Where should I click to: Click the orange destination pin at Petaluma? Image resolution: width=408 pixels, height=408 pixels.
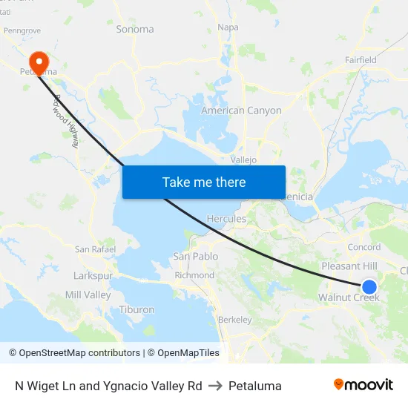click(37, 60)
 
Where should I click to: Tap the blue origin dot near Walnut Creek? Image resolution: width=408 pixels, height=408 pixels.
click(369, 286)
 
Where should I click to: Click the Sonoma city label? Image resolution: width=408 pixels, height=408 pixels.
click(135, 29)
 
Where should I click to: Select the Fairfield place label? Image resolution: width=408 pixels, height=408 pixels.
click(361, 59)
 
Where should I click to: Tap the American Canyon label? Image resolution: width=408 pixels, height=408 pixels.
click(242, 111)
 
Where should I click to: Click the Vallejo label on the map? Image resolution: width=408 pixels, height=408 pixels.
click(243, 159)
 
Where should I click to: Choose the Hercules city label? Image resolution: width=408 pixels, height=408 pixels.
click(226, 219)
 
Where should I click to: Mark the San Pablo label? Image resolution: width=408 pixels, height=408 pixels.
click(196, 256)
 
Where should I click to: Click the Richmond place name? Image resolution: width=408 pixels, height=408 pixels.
click(194, 275)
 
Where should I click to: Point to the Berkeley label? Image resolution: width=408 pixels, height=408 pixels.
click(235, 320)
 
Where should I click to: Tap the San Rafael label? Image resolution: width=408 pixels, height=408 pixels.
click(95, 249)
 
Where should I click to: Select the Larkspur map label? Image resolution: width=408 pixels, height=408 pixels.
click(93, 275)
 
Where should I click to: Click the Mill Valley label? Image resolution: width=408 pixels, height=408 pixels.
click(88, 295)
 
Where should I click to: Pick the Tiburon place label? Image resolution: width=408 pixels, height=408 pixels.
click(136, 309)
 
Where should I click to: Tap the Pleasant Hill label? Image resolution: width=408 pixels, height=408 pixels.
click(349, 266)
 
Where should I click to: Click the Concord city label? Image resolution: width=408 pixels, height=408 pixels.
click(364, 247)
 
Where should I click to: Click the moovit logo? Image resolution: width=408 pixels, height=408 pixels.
click(363, 385)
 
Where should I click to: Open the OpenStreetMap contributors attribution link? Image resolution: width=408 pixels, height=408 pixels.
click(79, 353)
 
